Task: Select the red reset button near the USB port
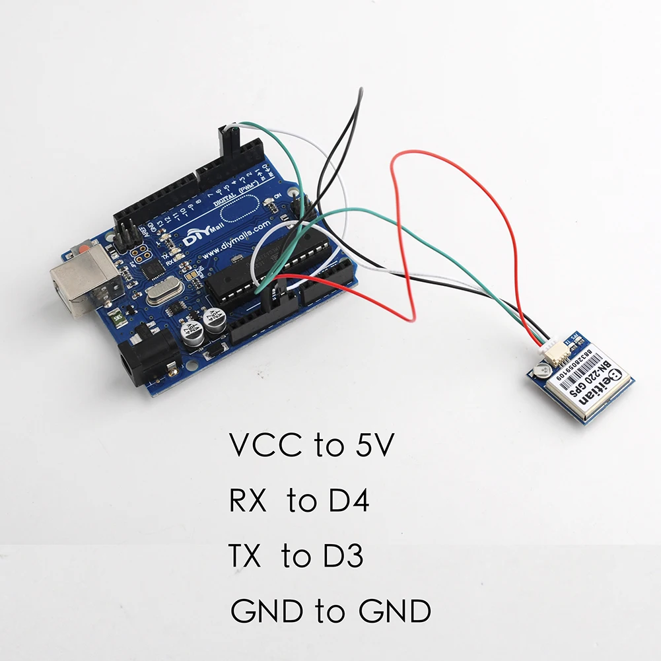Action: (85, 250)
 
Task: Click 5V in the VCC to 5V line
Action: (369, 447)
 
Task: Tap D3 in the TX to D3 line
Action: (341, 557)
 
